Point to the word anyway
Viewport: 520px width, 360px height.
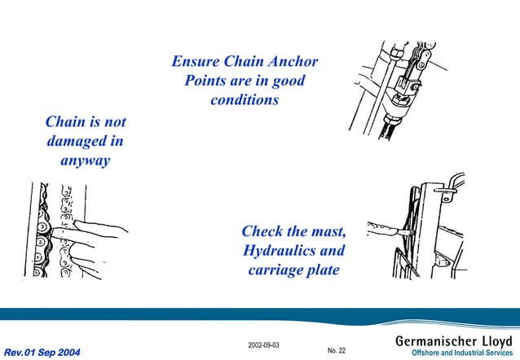[x=85, y=161]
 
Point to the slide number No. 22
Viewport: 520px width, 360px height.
[x=336, y=350]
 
